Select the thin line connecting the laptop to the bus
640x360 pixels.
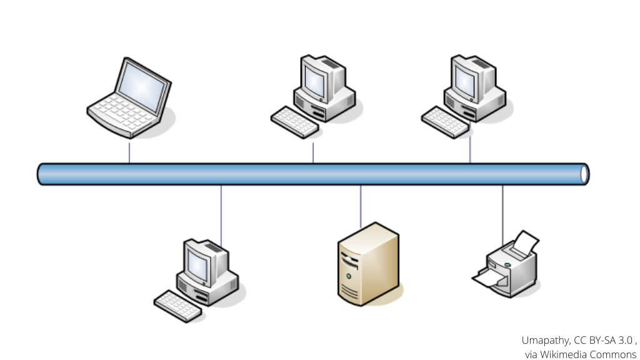[x=129, y=152]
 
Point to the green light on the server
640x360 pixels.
[x=349, y=276]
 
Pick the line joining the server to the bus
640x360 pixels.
[x=360, y=206]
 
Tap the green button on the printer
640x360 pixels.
[x=508, y=264]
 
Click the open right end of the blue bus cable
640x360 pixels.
[x=584, y=174]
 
